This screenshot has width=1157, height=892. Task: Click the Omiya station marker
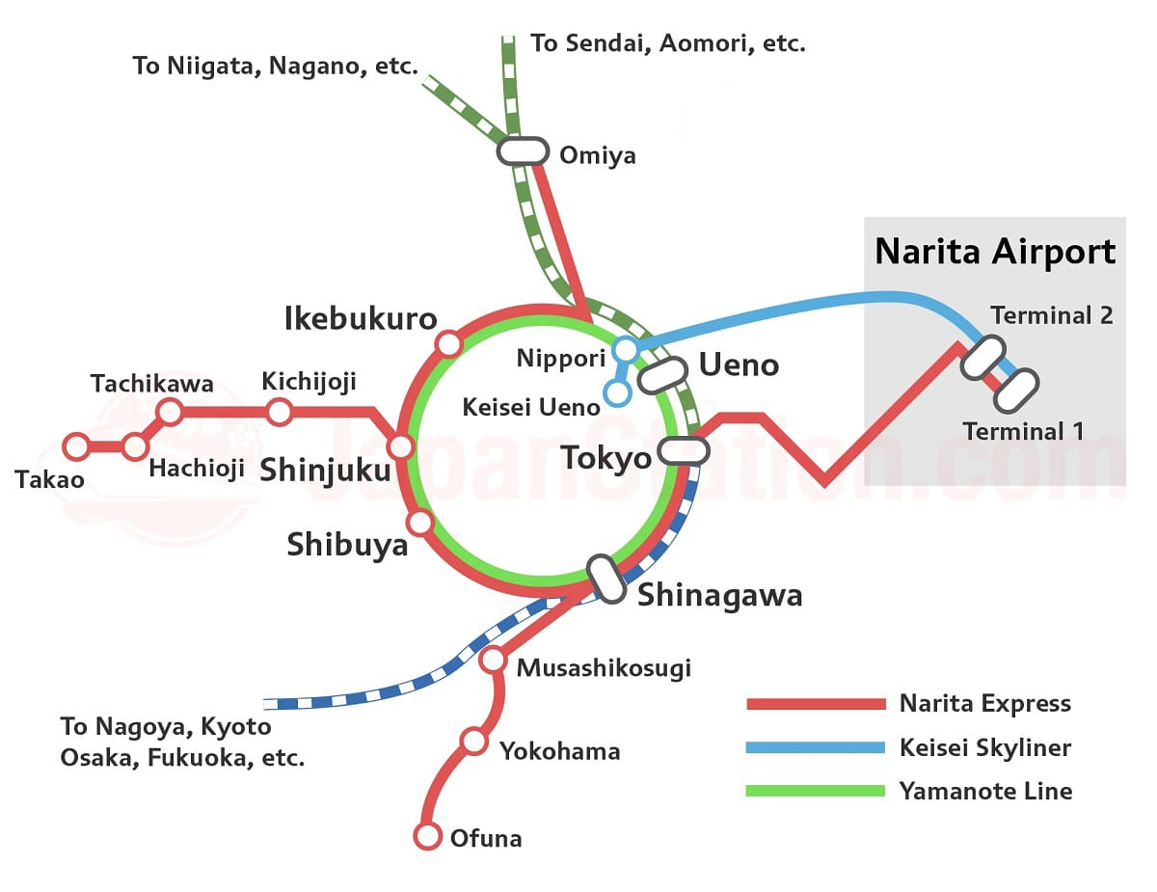click(x=523, y=151)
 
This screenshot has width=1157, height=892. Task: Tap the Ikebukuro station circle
click(x=448, y=343)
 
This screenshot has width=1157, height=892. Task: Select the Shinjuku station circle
click(x=400, y=446)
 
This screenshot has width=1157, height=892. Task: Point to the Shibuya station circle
click(x=420, y=523)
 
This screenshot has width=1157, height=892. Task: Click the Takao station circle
click(x=76, y=446)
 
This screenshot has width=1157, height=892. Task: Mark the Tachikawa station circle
click(x=170, y=413)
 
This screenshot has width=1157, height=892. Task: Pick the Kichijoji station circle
click(x=279, y=413)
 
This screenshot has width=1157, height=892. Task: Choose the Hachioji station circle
click(x=135, y=446)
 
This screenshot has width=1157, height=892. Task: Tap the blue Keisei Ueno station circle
click(x=616, y=392)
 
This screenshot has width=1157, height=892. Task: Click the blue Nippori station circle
click(x=626, y=348)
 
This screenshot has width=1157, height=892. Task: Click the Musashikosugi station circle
click(x=493, y=660)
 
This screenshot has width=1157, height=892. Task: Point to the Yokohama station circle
click(x=473, y=741)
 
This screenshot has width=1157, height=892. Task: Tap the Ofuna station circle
click(x=427, y=836)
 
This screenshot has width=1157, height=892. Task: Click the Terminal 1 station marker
click(x=1016, y=390)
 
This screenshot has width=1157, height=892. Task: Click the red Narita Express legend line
click(x=816, y=704)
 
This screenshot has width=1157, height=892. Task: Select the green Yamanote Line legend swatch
click(x=816, y=792)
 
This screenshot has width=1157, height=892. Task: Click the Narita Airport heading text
click(x=995, y=252)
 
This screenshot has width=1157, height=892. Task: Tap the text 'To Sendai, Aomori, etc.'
click(x=668, y=43)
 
